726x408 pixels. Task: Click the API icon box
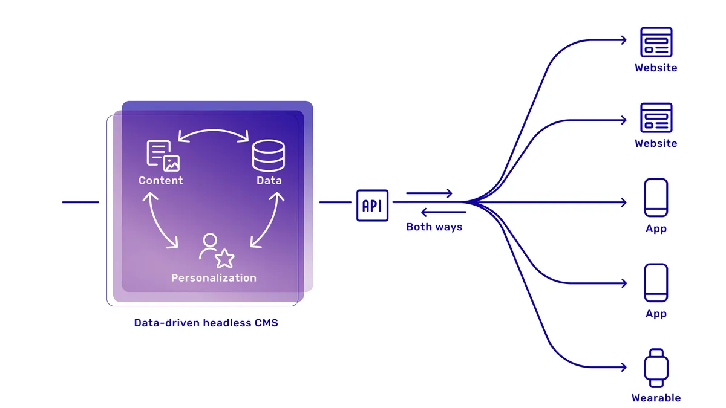[x=372, y=206]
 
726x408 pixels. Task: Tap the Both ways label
[x=434, y=227]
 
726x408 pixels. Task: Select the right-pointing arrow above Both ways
[x=429, y=193]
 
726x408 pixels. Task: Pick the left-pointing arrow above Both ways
[x=443, y=212]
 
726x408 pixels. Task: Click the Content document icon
[x=163, y=155]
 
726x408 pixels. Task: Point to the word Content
[x=160, y=180]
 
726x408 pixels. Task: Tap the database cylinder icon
[x=268, y=155]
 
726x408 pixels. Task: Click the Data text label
[x=269, y=180]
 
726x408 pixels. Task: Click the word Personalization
[x=214, y=278]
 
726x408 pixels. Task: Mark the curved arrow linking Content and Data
[x=214, y=131]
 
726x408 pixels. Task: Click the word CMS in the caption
[x=266, y=323]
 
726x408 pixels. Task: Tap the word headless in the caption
[x=224, y=323]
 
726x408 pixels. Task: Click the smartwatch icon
[x=656, y=367]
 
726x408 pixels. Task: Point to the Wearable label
[x=656, y=398]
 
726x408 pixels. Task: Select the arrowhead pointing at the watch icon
[x=623, y=367]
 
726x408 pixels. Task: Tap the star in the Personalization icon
[x=225, y=259]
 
